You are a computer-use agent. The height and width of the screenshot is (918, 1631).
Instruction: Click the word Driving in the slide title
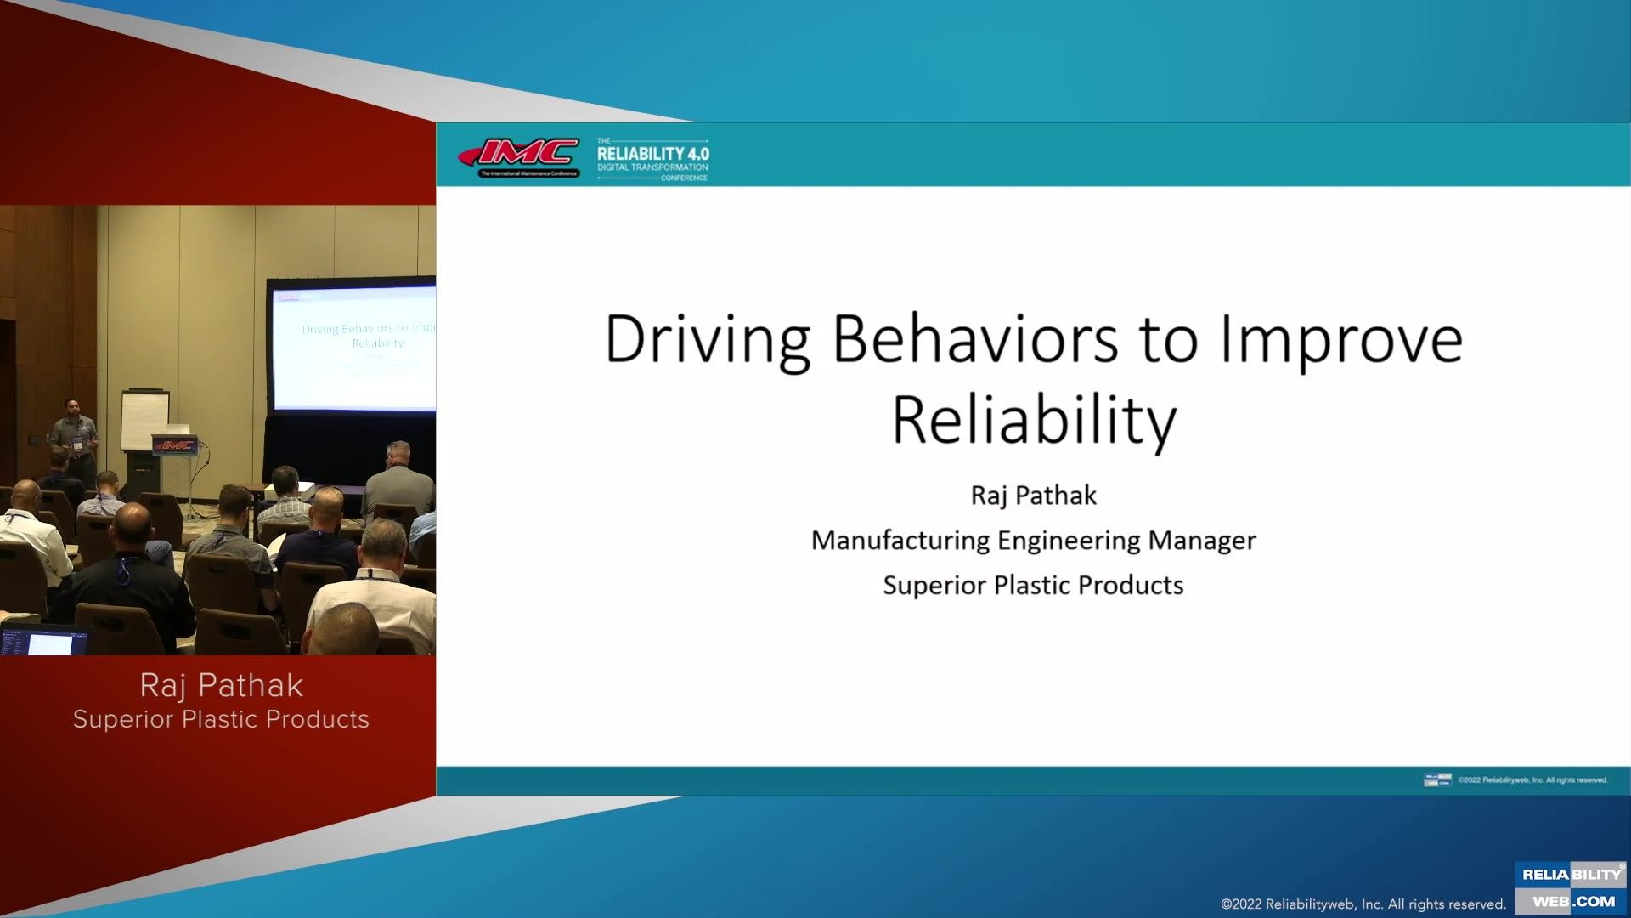(x=707, y=340)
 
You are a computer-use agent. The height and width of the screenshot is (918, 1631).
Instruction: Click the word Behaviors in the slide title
(x=975, y=340)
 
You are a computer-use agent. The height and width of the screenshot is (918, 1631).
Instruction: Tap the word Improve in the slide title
(x=1340, y=340)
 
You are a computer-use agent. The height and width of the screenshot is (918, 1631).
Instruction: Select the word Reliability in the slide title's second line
(x=1034, y=420)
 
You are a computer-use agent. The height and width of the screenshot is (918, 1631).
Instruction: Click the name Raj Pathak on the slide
(x=1033, y=496)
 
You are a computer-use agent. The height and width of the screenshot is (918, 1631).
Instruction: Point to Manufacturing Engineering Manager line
(x=1033, y=541)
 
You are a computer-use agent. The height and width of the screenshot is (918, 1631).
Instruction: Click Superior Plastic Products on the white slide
(x=1033, y=586)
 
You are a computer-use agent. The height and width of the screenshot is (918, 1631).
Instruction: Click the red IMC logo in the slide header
(x=520, y=157)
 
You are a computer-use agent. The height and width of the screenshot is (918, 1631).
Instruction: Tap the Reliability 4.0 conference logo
(x=652, y=159)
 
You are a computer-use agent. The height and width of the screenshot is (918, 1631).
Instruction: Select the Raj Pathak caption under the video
(x=221, y=685)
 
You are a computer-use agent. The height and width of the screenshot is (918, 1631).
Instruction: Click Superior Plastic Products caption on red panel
(x=221, y=719)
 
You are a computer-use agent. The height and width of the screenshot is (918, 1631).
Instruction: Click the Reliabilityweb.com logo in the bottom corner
(x=1571, y=887)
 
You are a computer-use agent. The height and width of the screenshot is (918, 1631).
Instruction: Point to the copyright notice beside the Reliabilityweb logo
(x=1363, y=904)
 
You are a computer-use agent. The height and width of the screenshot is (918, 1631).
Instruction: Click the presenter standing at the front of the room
(x=75, y=438)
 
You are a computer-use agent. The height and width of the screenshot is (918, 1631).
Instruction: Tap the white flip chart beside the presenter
(x=144, y=419)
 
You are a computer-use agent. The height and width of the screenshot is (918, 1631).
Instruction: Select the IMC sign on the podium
(x=175, y=445)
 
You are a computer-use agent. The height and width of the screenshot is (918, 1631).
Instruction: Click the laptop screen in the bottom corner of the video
(x=47, y=642)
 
